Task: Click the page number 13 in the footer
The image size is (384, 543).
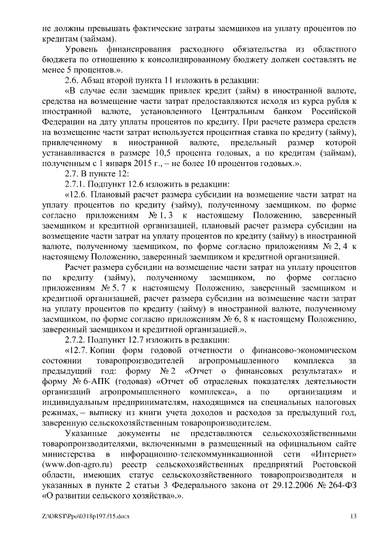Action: tap(353, 516)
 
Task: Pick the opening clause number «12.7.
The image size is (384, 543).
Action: tap(76, 349)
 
